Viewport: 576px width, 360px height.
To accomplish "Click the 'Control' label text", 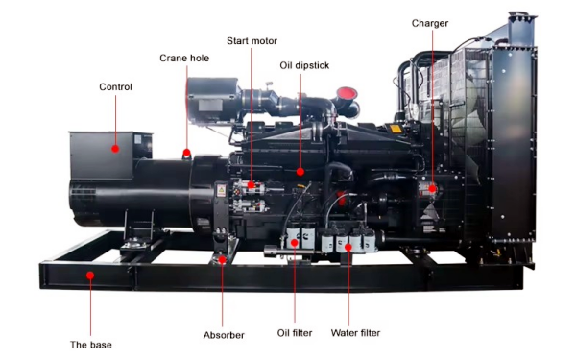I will [115, 87].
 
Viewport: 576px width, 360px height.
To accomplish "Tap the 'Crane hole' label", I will [184, 59].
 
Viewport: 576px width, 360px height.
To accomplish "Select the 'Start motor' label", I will [251, 41].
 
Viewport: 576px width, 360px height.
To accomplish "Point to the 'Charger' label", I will [430, 23].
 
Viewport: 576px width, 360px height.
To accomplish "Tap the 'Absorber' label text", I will [224, 335].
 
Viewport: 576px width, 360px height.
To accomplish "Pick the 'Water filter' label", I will [355, 333].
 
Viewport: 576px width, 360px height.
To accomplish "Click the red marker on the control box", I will [115, 149].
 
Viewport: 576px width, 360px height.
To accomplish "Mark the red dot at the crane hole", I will [185, 151].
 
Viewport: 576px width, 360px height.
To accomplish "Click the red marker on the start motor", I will [252, 183].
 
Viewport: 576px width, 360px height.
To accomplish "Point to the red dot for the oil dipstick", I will [300, 173].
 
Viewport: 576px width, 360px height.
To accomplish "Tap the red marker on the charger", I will [431, 189].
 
